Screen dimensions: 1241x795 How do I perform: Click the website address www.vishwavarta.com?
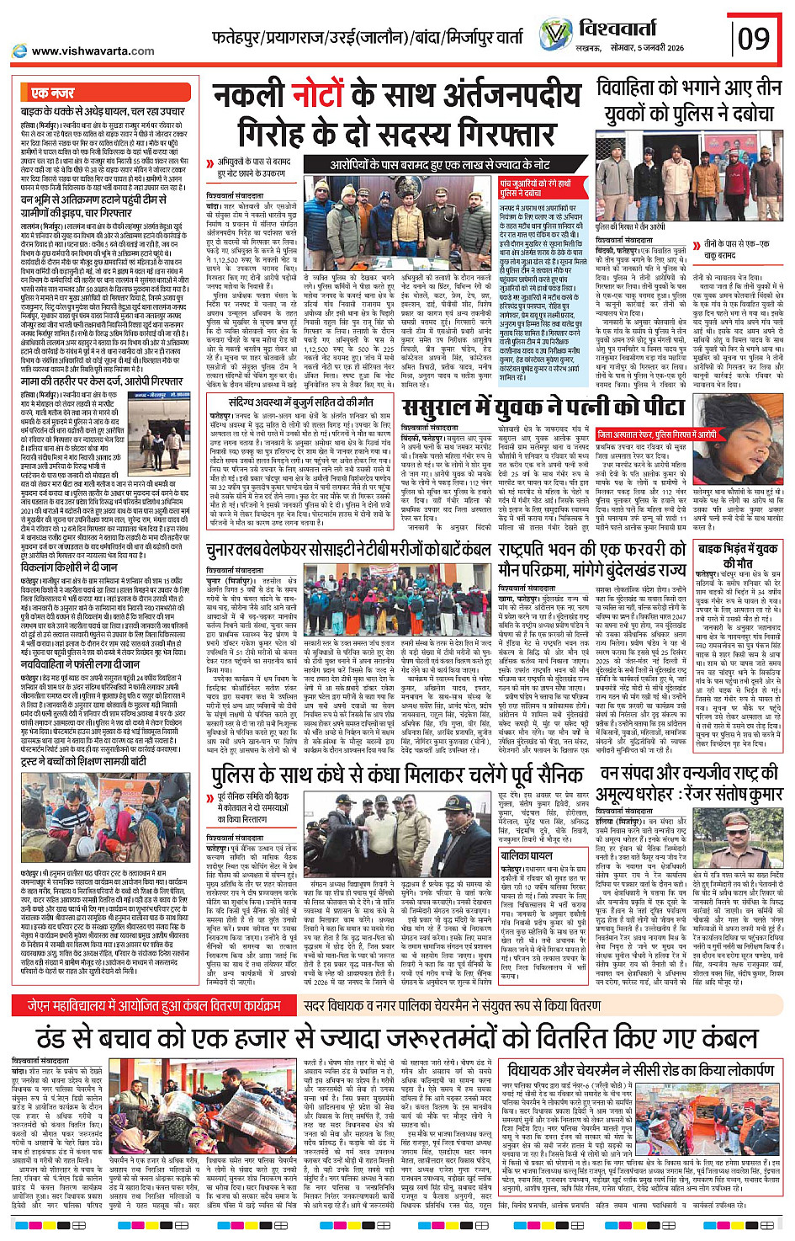pyautogui.click(x=93, y=51)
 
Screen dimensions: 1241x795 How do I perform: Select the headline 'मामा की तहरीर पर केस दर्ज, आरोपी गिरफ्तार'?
pyautogui.click(x=103, y=381)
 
